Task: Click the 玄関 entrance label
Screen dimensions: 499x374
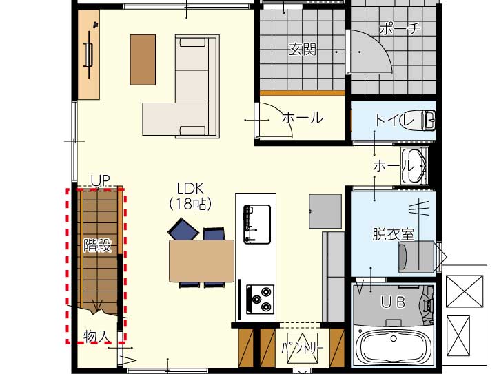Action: pyautogui.click(x=303, y=50)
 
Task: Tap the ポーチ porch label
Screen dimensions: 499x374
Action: pyautogui.click(x=400, y=29)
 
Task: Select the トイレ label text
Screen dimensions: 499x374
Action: pyautogui.click(x=395, y=120)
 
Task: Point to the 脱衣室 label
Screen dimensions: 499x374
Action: pyautogui.click(x=394, y=234)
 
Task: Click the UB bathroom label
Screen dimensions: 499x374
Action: pyautogui.click(x=393, y=302)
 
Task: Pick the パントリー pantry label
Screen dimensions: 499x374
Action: pyautogui.click(x=303, y=349)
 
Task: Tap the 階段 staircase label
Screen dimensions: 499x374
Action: pyautogui.click(x=98, y=245)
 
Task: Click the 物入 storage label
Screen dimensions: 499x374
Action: pyautogui.click(x=97, y=336)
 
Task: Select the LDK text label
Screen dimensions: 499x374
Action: pyautogui.click(x=190, y=189)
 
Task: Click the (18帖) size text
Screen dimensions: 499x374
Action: pyautogui.click(x=190, y=204)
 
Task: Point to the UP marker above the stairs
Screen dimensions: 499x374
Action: pyautogui.click(x=100, y=180)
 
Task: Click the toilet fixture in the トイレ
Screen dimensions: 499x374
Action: pyautogui.click(x=418, y=121)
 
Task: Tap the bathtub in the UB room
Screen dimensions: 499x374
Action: pyautogui.click(x=394, y=346)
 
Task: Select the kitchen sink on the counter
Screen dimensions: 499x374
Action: pyautogui.click(x=257, y=225)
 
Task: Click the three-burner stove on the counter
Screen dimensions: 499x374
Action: pyautogui.click(x=261, y=299)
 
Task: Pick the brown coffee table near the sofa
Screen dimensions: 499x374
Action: pyautogui.click(x=143, y=60)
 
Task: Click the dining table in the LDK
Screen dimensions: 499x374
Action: pyautogui.click(x=202, y=261)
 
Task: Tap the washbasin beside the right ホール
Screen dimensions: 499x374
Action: pyautogui.click(x=414, y=166)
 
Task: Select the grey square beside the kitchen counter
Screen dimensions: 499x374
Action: pyautogui.click(x=325, y=211)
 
